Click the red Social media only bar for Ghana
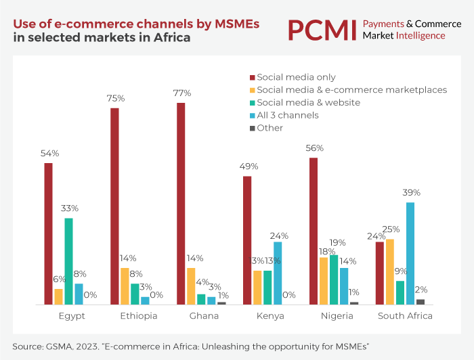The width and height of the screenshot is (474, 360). pyautogui.click(x=181, y=204)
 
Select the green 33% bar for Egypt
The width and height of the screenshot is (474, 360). pyautogui.click(x=68, y=261)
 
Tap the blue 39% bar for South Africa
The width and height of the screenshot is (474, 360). pyautogui.click(x=410, y=254)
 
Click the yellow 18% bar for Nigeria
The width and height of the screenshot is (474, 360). pyautogui.click(x=323, y=281)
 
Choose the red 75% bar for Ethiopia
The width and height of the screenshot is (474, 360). pyautogui.click(x=114, y=206)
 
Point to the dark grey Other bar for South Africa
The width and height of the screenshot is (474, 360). pyautogui.click(x=421, y=302)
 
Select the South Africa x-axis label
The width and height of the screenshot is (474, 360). pyautogui.click(x=405, y=316)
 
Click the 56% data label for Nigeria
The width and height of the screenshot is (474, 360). pyautogui.click(x=315, y=148)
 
